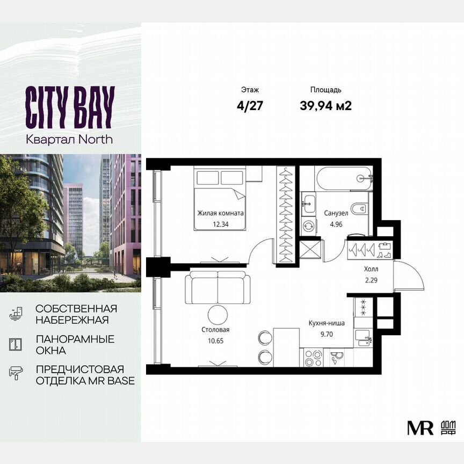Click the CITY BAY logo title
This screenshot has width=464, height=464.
pyautogui.click(x=70, y=108)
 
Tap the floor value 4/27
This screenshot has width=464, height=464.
pyautogui.click(x=250, y=106)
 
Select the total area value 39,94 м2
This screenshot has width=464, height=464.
pyautogui.click(x=325, y=106)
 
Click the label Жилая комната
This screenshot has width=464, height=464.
pyautogui.click(x=220, y=213)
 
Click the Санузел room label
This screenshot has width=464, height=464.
pyautogui.click(x=336, y=213)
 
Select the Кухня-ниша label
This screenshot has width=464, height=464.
pyautogui.click(x=327, y=324)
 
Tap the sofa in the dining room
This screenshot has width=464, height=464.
pyautogui.click(x=218, y=287)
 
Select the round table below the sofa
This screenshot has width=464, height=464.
pyautogui.click(x=218, y=314)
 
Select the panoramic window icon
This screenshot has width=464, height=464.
pyautogui.click(x=16, y=344)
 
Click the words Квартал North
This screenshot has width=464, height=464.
pyautogui.click(x=70, y=139)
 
